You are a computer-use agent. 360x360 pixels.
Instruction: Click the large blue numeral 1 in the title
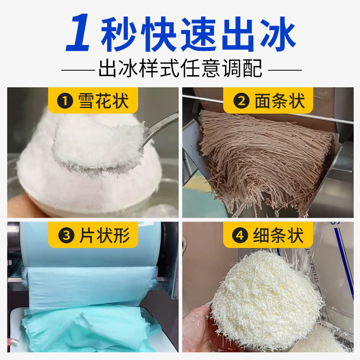click(x=81, y=33)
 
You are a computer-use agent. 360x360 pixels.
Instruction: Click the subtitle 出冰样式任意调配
click(x=180, y=70)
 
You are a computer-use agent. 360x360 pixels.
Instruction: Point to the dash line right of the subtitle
click(x=284, y=70)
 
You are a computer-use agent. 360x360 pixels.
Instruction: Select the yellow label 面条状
click(x=270, y=100)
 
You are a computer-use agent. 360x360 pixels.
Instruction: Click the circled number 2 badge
click(x=242, y=101)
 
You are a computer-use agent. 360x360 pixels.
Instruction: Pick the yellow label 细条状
click(x=270, y=235)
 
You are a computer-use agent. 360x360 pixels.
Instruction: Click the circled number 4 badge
click(x=242, y=235)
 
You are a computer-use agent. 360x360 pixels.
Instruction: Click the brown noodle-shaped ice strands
click(x=261, y=157)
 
